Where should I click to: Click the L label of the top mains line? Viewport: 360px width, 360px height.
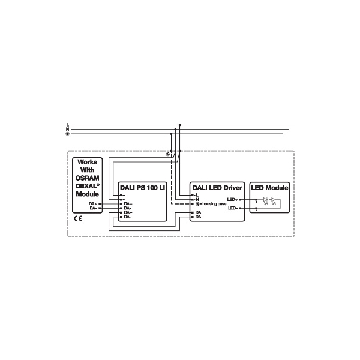pos(68,125)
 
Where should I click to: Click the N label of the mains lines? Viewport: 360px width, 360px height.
pos(68,129)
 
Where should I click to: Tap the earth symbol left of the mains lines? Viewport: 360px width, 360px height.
pos(68,134)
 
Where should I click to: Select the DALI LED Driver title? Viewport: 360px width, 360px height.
pos(216,188)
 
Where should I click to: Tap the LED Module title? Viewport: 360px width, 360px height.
pos(269,188)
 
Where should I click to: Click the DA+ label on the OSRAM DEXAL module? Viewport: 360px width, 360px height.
pos(93,204)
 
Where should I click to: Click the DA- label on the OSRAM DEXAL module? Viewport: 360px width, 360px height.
pos(93,209)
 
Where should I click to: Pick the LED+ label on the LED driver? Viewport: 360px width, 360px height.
pos(233,199)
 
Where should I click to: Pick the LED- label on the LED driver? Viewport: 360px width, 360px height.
pos(233,208)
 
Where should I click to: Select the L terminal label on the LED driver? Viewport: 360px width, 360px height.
pos(197,195)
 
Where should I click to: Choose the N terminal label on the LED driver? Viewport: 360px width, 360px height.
pos(197,199)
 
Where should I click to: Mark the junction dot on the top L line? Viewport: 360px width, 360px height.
pos(179,125)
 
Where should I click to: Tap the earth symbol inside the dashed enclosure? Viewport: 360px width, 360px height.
pos(167,155)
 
